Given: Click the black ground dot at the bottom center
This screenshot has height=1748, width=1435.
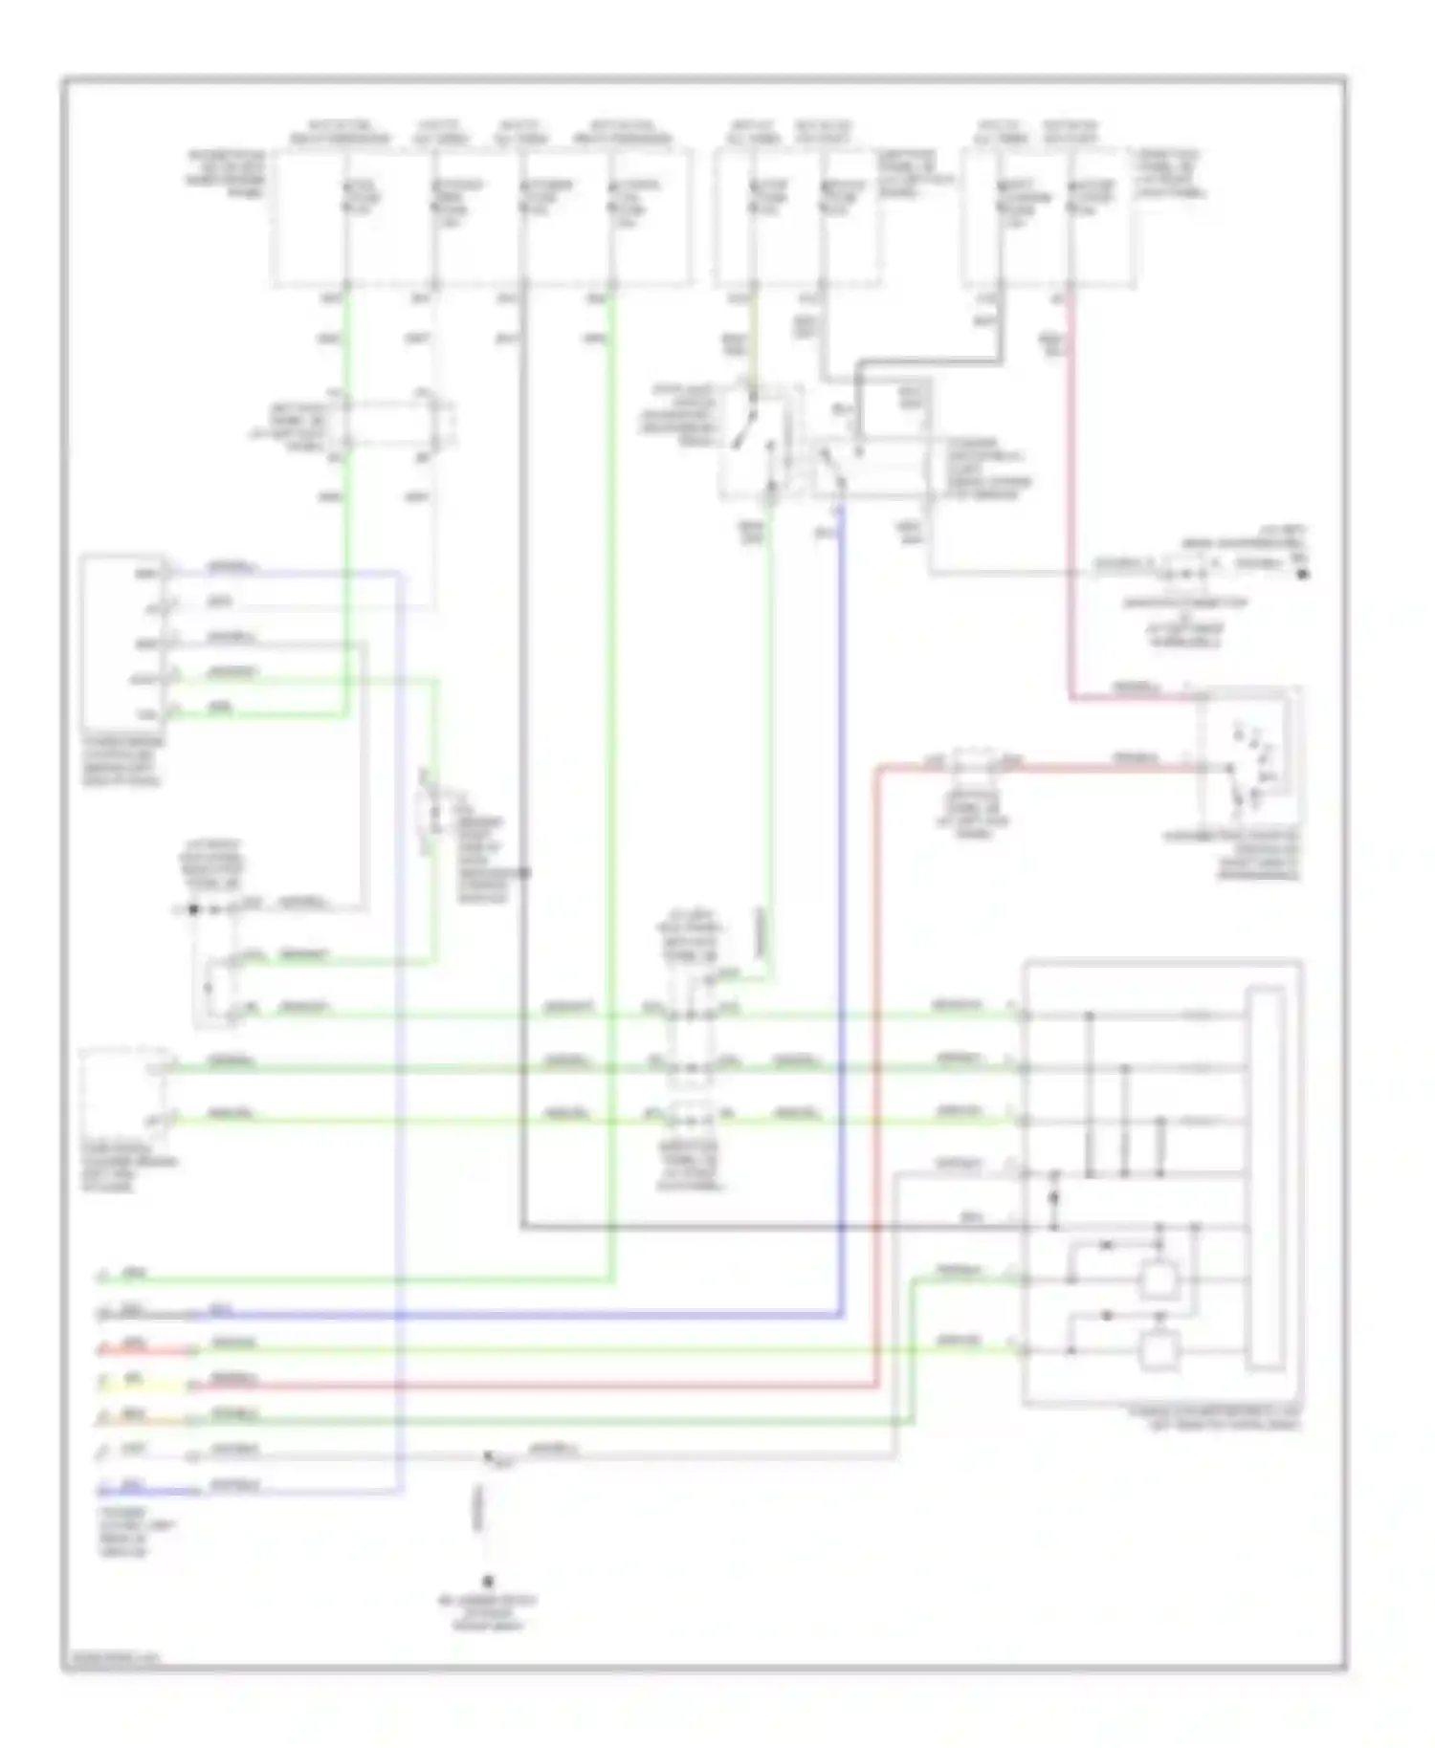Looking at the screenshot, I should point(487,1583).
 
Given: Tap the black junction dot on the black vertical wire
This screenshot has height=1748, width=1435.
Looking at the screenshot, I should point(523,872).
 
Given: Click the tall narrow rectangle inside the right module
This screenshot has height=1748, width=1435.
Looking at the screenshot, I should point(1266,1181).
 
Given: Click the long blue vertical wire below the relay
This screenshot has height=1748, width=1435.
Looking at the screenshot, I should point(840,861).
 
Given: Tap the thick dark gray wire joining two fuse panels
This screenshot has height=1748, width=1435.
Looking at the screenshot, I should point(928,362).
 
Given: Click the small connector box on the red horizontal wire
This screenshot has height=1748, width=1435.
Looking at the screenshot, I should point(973,763).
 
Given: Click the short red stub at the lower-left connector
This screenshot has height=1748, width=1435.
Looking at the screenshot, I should point(143,1350).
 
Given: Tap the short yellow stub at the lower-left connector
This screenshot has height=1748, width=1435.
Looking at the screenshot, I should point(143,1385).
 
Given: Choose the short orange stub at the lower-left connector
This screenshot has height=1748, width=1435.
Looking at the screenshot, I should point(143,1419).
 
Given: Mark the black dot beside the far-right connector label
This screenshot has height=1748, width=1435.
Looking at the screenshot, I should point(1302,574).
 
